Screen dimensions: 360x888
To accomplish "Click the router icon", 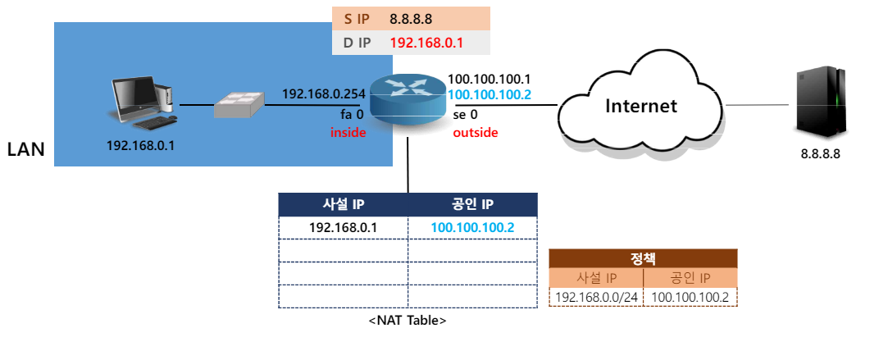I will pos(407,98).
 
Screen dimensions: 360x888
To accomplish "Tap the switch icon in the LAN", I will pos(239,105).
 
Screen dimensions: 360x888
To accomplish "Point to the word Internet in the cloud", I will pos(640,106).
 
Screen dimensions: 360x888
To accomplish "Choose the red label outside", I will pos(476,132).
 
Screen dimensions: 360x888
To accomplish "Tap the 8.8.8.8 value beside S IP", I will pos(411,18).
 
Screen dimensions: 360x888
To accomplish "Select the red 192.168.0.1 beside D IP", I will pos(426,43).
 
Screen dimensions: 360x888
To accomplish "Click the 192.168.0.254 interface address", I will pos(323,94).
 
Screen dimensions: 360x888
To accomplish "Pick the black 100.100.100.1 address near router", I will pos(490,80).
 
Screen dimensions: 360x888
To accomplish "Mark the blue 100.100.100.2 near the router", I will pos(490,95).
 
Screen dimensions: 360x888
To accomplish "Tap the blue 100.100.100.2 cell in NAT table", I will pos(472,227).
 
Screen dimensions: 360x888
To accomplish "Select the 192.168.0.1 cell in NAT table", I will pos(343,227).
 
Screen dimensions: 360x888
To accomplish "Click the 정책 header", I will pos(643,258).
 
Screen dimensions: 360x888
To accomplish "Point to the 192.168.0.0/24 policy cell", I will pos(596,297).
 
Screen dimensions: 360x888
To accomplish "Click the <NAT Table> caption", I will pos(408,321).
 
